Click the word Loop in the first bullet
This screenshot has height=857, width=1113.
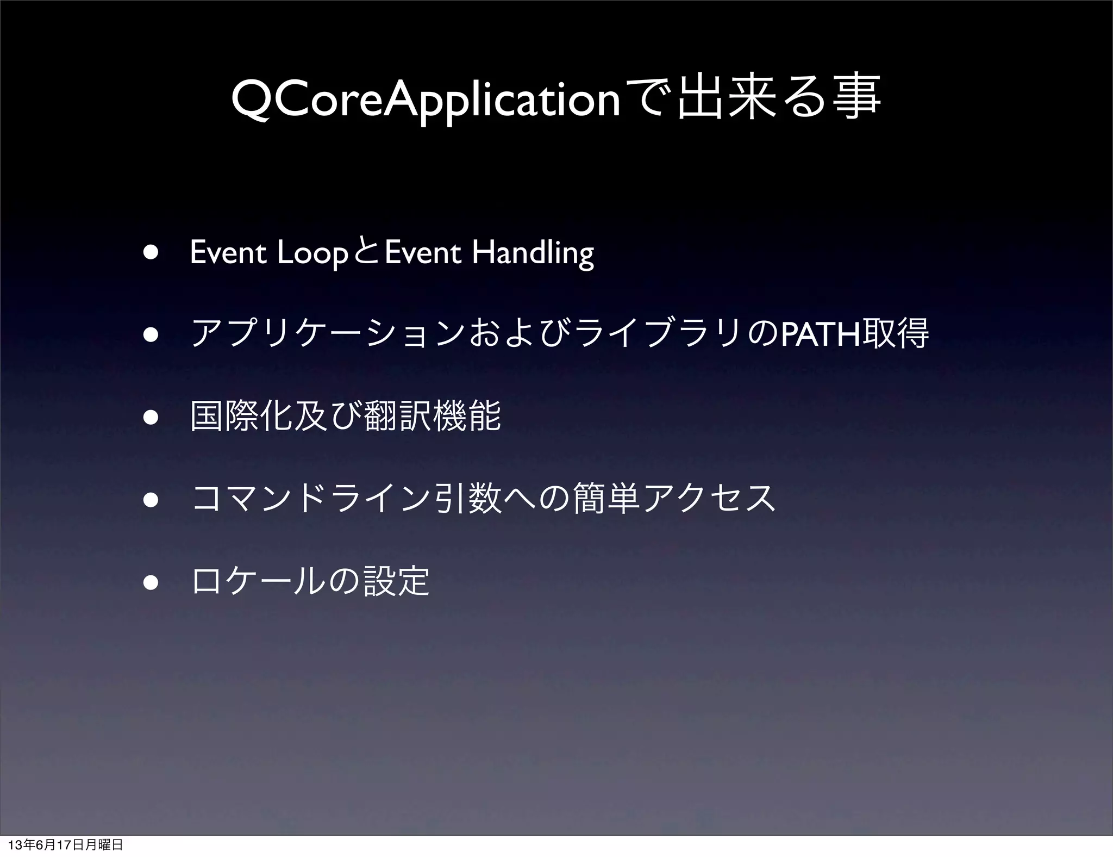[312, 253]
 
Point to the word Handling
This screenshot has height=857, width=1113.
[533, 253]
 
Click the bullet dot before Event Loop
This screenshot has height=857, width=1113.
[151, 254]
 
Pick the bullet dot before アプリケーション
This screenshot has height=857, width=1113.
[151, 336]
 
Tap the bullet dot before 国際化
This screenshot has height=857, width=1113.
[151, 418]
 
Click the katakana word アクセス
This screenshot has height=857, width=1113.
[709, 498]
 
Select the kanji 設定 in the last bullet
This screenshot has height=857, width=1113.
[396, 581]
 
